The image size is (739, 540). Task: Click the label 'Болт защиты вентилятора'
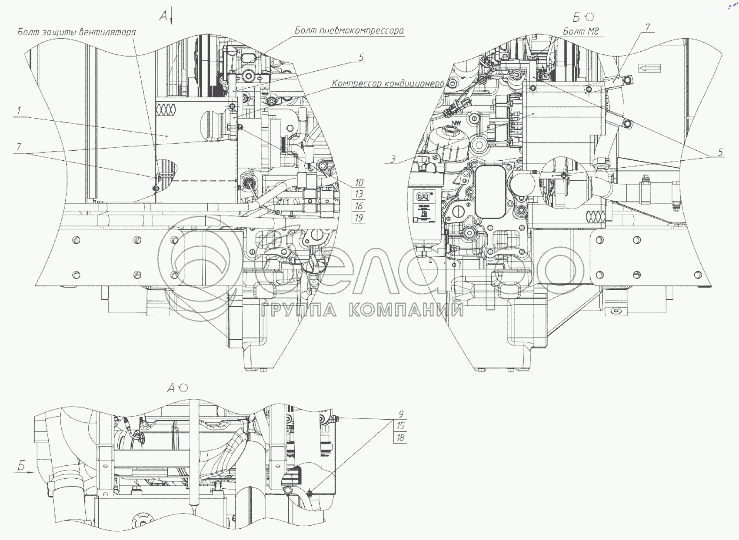coord(77,32)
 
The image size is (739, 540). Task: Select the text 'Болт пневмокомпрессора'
coord(349,30)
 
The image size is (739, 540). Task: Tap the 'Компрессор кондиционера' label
coord(388,83)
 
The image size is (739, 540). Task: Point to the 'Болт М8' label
coord(581,31)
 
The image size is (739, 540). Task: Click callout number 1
coord(19,110)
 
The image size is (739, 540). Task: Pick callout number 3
coord(393,159)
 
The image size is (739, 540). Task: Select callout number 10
coord(359,183)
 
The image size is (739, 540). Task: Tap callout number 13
coord(359,194)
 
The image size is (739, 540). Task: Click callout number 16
coord(359,206)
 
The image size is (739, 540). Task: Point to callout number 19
coord(359,218)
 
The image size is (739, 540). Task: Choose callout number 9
coord(401,414)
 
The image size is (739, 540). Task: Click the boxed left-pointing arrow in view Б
coord(649,68)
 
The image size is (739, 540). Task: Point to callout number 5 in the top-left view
coord(361,57)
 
